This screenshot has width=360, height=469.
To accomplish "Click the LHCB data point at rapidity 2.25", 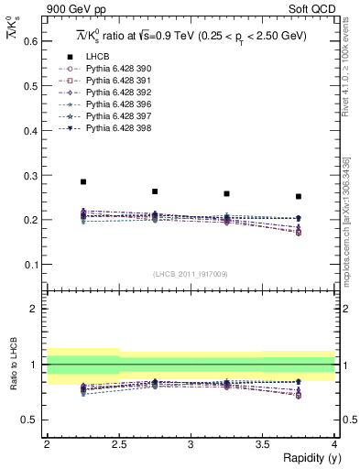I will pos(83,181).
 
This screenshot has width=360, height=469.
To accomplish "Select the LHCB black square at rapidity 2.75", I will pos(155,191).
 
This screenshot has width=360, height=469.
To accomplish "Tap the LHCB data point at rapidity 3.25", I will pos(226,193).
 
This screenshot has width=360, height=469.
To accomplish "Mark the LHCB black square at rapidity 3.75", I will pos(299,196).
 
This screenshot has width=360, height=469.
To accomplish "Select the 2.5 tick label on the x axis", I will pos(118,444).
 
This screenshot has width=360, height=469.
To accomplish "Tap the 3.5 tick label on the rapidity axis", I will pos(262,444).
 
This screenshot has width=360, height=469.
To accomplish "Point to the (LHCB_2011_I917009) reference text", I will pos(191,274).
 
